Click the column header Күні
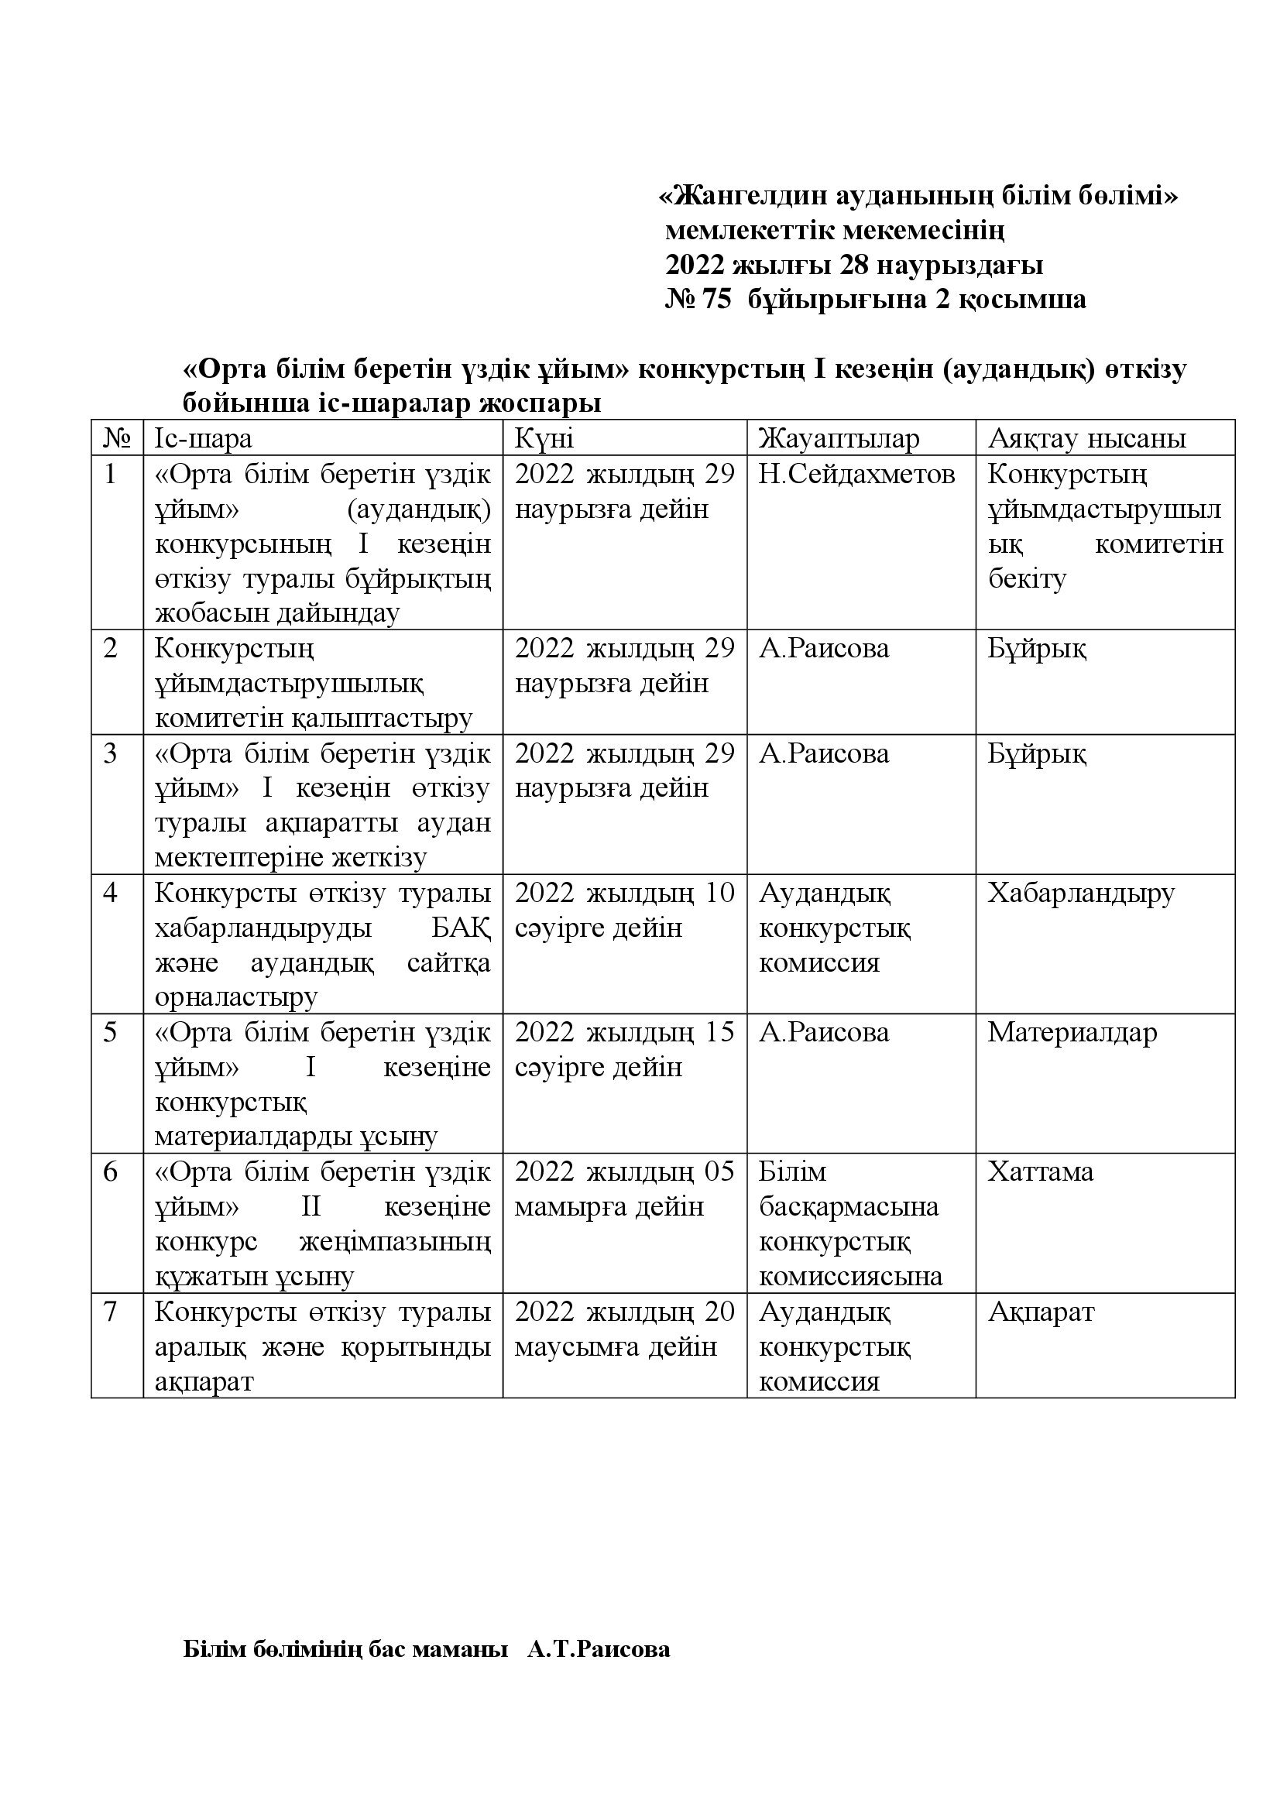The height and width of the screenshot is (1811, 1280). (x=544, y=438)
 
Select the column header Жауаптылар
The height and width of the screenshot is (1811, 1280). (x=839, y=438)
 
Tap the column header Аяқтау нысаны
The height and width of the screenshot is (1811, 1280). (x=1086, y=438)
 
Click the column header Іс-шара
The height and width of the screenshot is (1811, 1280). (x=204, y=438)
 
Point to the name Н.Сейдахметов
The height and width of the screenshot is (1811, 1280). (x=856, y=474)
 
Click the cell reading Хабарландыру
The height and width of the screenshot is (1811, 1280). (x=1080, y=893)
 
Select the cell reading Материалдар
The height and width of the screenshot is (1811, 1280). (x=1072, y=1033)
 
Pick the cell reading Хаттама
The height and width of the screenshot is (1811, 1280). (x=1040, y=1172)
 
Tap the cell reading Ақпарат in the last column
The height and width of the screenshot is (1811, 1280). (x=1041, y=1312)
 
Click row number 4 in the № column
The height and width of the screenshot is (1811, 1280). (x=111, y=893)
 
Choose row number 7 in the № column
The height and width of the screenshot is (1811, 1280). (x=111, y=1312)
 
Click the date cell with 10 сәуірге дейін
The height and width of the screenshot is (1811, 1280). (x=624, y=911)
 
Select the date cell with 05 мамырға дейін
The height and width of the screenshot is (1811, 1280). (x=624, y=1189)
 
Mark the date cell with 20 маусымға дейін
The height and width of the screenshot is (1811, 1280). (x=624, y=1329)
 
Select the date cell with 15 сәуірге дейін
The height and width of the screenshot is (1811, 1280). (x=624, y=1050)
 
